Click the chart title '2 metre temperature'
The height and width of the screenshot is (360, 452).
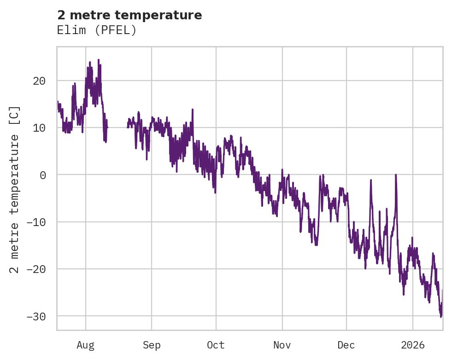click(129, 15)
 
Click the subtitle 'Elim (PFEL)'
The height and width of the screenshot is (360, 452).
click(97, 30)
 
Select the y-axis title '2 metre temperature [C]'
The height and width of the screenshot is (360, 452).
click(15, 189)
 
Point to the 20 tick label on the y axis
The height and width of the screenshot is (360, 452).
click(39, 81)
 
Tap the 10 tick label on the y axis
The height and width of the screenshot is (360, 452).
click(39, 128)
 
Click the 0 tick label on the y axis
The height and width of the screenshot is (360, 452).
click(42, 175)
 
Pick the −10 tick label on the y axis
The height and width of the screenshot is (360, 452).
click(36, 222)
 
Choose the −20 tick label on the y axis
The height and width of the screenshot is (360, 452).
click(36, 269)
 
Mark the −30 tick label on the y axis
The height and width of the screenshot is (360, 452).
click(36, 316)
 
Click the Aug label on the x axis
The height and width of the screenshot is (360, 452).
click(86, 345)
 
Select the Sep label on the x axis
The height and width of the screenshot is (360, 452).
click(152, 345)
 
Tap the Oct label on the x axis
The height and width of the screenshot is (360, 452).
click(216, 345)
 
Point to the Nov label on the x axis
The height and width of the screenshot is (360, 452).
click(282, 345)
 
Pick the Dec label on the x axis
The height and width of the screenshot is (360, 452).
click(346, 345)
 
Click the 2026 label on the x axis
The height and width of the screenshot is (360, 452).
click(413, 345)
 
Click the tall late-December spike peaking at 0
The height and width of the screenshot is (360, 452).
click(396, 175)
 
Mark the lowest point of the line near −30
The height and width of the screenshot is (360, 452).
click(441, 317)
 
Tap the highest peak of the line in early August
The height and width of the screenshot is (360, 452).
click(98, 60)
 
